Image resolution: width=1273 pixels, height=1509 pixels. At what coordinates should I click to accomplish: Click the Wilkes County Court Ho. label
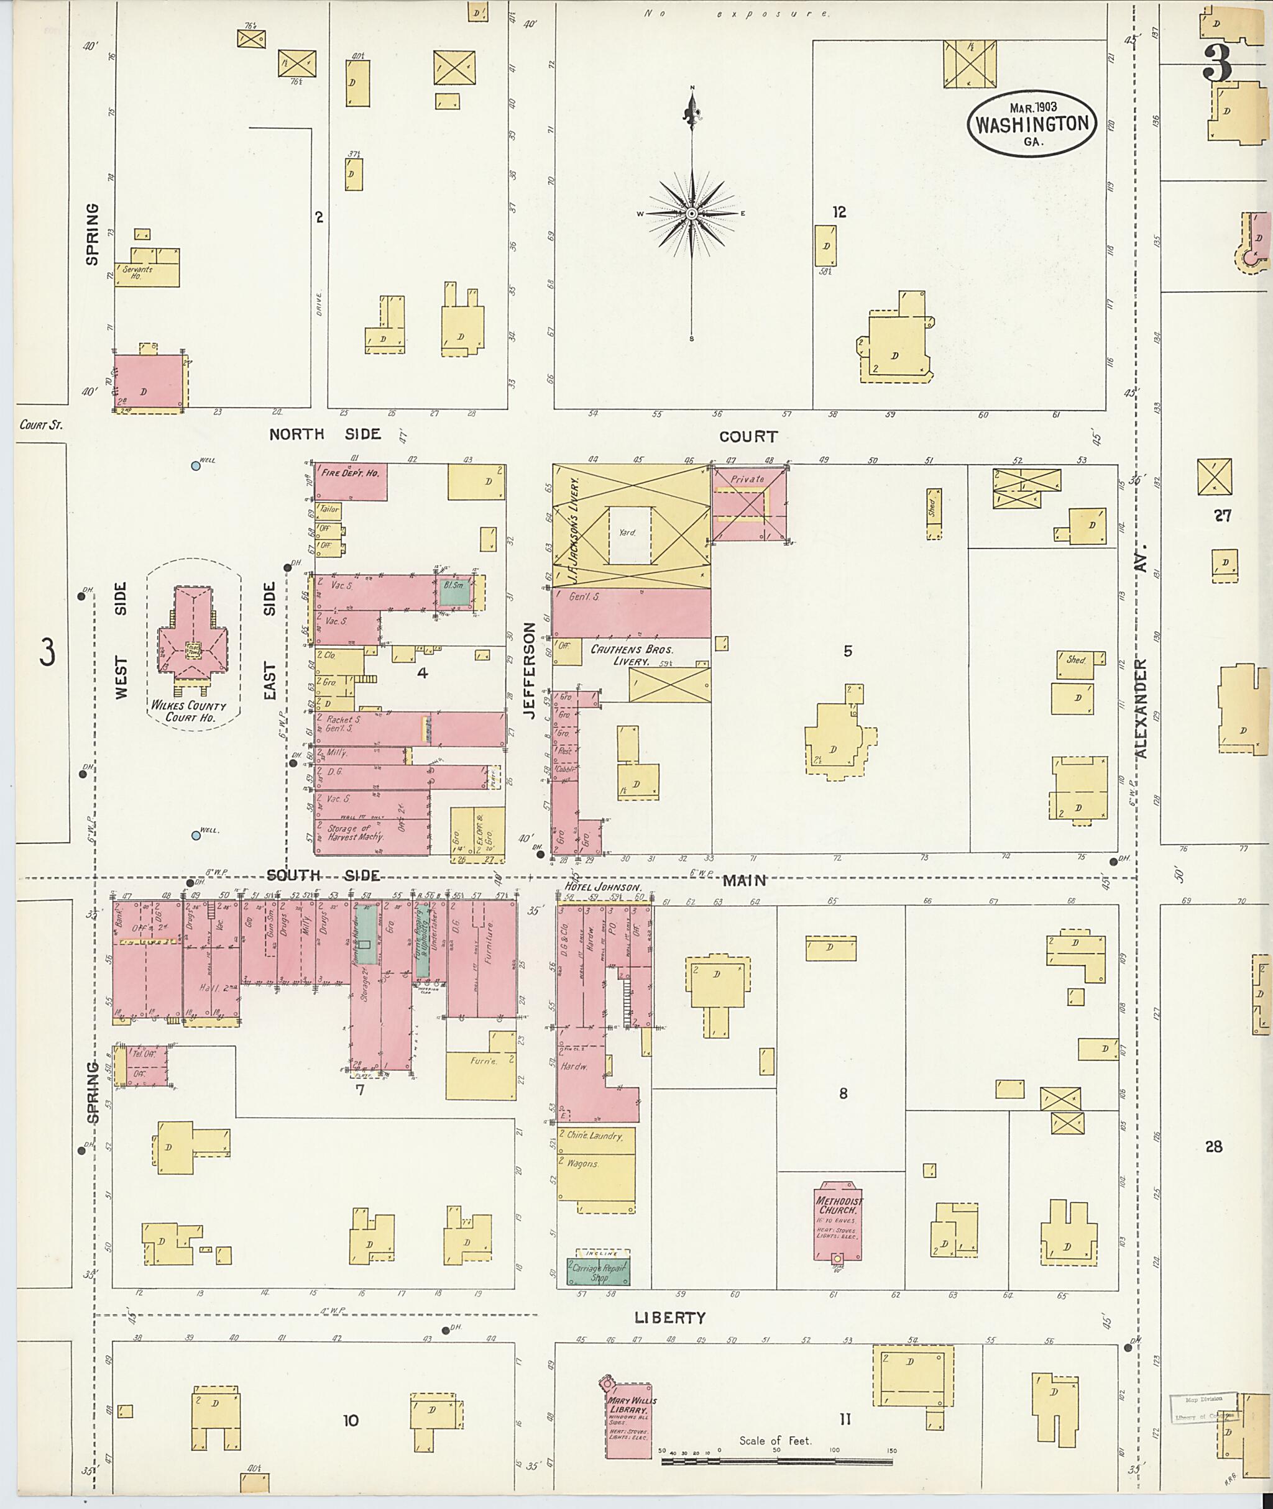pos(187,711)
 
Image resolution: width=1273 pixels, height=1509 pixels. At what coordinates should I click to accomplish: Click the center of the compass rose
pos(691,214)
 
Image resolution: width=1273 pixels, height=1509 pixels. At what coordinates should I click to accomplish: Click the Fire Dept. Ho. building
pos(350,481)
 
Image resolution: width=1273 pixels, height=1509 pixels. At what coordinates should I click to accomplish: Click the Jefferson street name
pos(530,671)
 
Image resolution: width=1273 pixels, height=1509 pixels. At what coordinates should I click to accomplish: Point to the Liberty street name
pos(669,1318)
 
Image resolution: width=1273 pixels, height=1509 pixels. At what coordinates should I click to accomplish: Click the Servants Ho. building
pos(146,273)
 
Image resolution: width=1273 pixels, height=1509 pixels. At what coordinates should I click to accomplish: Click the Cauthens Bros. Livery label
pos(632,655)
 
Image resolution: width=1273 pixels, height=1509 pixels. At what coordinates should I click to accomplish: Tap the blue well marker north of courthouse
pos(195,466)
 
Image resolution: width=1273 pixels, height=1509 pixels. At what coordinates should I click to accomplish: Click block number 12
pos(839,212)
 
